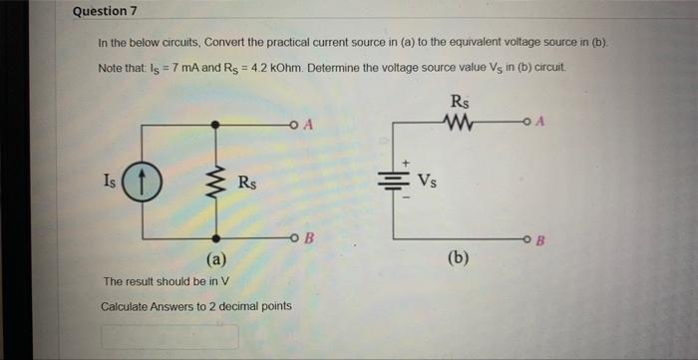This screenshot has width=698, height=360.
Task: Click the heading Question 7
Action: [105, 11]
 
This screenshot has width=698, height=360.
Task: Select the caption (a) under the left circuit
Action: [217, 260]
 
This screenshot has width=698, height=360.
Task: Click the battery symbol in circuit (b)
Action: [393, 181]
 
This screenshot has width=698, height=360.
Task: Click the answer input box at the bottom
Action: [169, 337]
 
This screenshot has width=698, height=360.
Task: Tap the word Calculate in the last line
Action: [126, 305]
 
